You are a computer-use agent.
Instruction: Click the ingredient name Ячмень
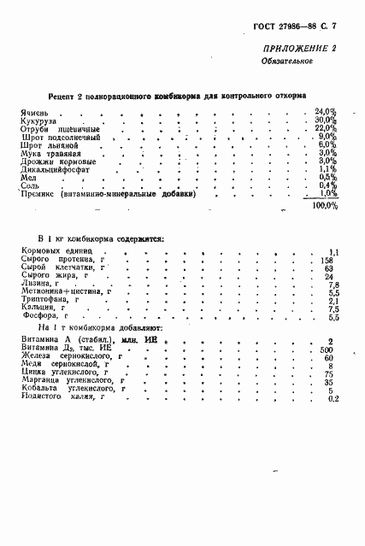[x=35, y=113]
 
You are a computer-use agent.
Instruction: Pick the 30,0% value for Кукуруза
[x=326, y=120]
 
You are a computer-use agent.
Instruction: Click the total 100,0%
[x=324, y=206]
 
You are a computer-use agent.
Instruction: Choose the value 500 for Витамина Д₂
[x=327, y=349]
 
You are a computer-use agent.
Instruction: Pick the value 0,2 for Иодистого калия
[x=333, y=398]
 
